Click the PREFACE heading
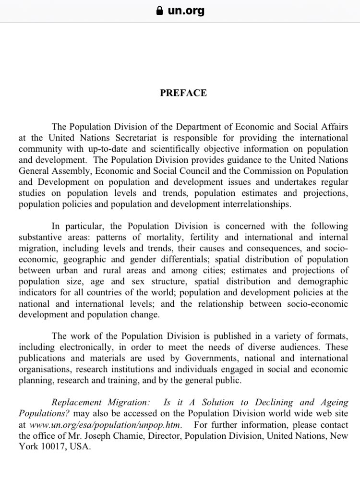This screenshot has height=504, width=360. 183,93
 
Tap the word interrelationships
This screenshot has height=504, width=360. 249,204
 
